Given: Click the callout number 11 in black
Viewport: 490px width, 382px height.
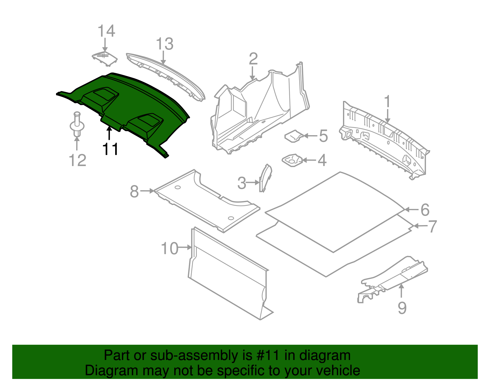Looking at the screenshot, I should click(x=110, y=149).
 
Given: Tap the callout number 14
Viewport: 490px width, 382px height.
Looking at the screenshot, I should click(x=106, y=31).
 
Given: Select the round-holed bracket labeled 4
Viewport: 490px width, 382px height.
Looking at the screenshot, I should click(x=292, y=160).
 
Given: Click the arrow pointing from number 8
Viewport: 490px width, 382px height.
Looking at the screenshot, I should click(x=147, y=191).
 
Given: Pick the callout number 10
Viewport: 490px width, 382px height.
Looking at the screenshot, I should click(x=169, y=248).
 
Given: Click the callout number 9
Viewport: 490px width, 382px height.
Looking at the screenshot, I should click(x=402, y=307).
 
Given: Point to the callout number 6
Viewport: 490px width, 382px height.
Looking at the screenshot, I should click(x=425, y=210).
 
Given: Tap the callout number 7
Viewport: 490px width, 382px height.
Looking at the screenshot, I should click(x=432, y=226).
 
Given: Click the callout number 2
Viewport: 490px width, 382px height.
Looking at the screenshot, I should click(x=253, y=59).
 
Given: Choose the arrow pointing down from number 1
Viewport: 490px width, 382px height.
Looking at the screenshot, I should click(x=387, y=116).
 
